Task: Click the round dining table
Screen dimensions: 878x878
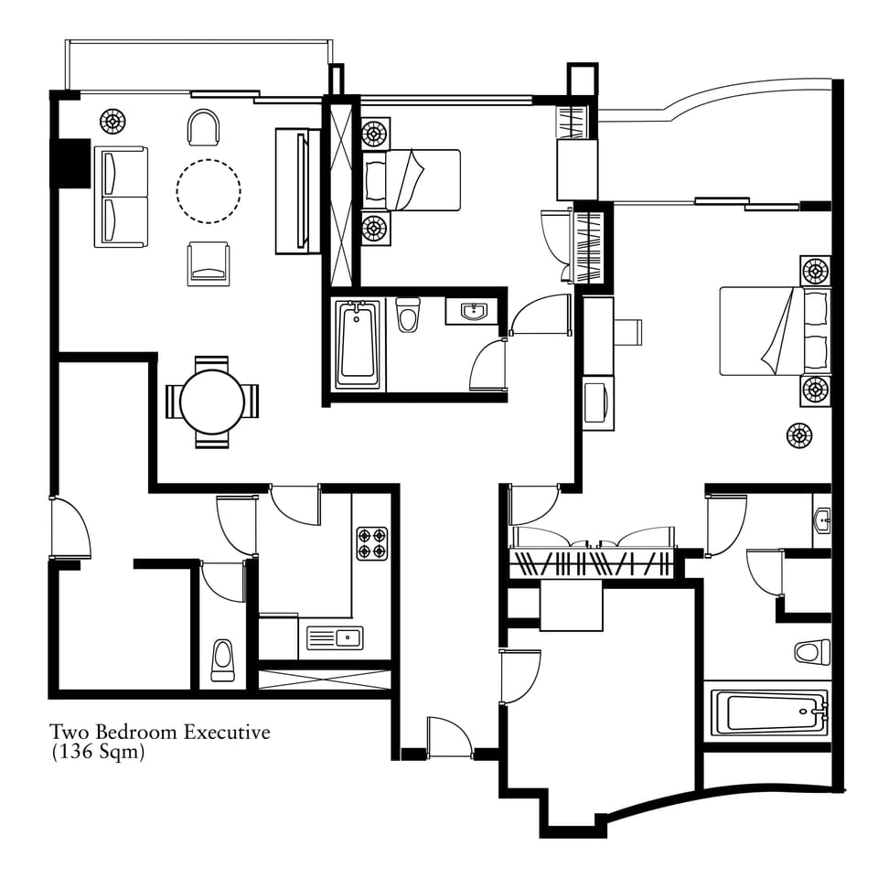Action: pyautogui.click(x=212, y=402)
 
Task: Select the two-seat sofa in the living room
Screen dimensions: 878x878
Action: pyautogui.click(x=121, y=197)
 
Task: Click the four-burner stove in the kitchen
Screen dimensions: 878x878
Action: pyautogui.click(x=372, y=543)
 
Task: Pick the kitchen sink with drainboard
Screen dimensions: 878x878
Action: pyautogui.click(x=335, y=638)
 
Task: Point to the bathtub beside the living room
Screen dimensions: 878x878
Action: pyautogui.click(x=358, y=345)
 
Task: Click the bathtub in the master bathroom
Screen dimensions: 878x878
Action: pyautogui.click(x=769, y=712)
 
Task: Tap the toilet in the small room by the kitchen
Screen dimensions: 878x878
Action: pyautogui.click(x=223, y=660)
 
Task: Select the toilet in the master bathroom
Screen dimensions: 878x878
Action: pyautogui.click(x=812, y=652)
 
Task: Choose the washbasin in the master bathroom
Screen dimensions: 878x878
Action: pyautogui.click(x=822, y=521)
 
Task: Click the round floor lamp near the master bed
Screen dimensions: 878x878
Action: pyautogui.click(x=799, y=435)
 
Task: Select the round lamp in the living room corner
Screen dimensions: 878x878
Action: pyautogui.click(x=112, y=121)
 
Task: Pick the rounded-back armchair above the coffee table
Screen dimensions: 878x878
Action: pyautogui.click(x=204, y=126)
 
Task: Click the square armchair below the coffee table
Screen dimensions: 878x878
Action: pyautogui.click(x=209, y=263)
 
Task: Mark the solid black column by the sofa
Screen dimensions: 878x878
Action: pyautogui.click(x=70, y=163)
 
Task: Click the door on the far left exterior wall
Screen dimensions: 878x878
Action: pyautogui.click(x=71, y=528)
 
